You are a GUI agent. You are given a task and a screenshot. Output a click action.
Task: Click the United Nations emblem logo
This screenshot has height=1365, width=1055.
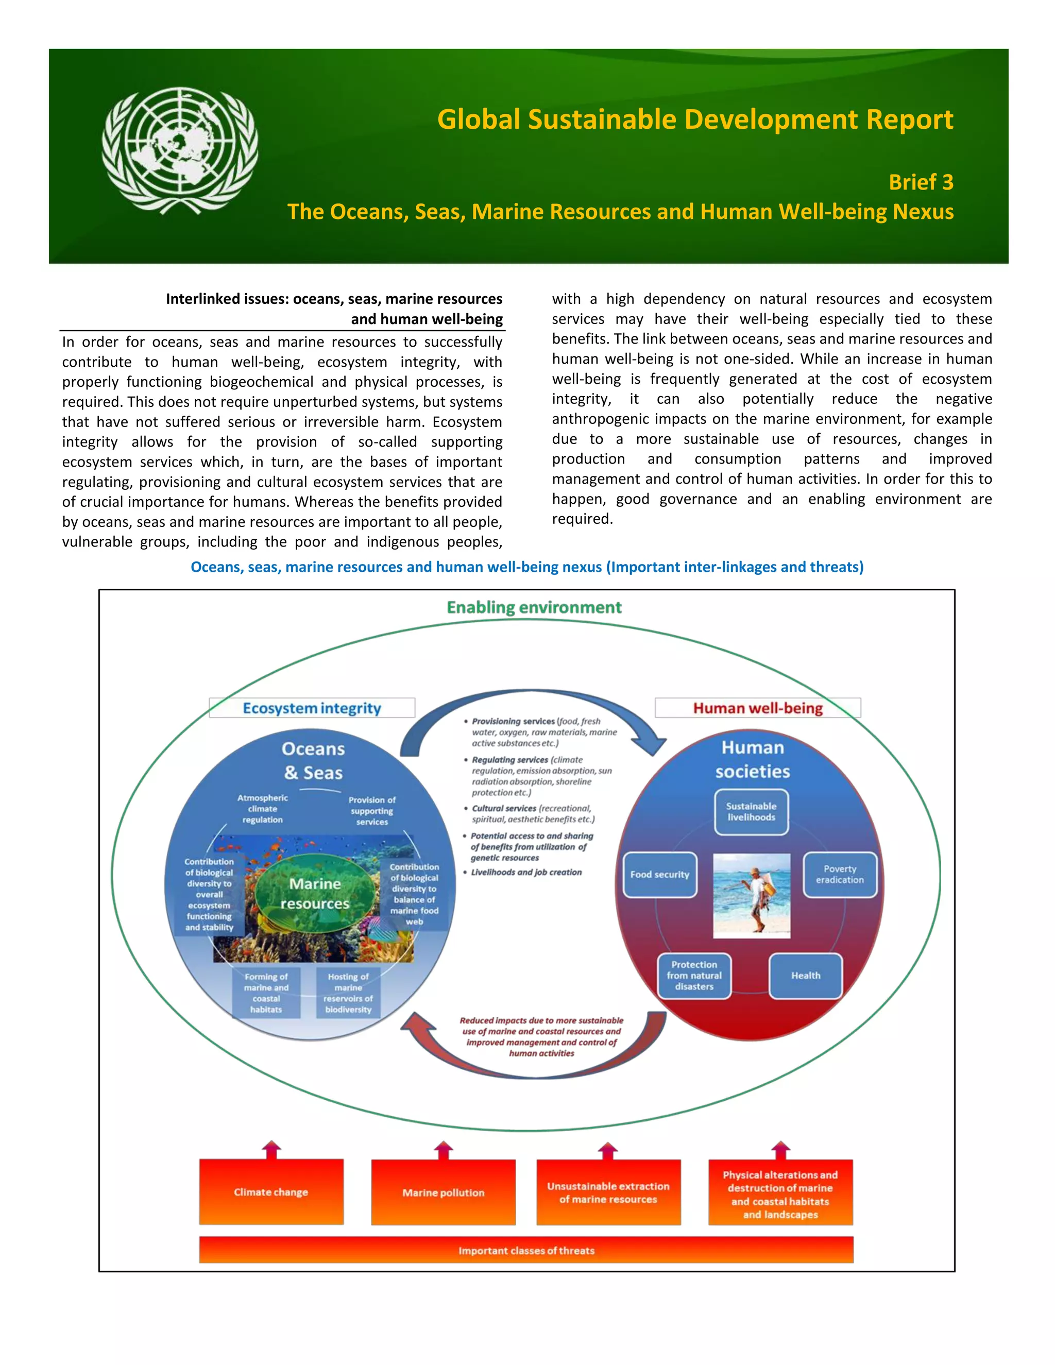pyautogui.click(x=180, y=150)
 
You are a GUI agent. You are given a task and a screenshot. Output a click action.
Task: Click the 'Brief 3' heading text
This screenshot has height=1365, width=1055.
pyautogui.click(x=921, y=182)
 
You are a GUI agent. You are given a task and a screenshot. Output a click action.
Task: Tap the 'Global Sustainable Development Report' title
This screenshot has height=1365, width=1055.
pyautogui.click(x=695, y=120)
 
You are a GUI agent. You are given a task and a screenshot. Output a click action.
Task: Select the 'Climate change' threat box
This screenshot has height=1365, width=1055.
pyautogui.click(x=271, y=1191)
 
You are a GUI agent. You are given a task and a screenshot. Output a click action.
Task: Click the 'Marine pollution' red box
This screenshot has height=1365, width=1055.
pyautogui.click(x=443, y=1192)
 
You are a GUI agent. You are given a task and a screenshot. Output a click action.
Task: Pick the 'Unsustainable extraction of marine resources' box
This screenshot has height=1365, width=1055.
pyautogui.click(x=608, y=1192)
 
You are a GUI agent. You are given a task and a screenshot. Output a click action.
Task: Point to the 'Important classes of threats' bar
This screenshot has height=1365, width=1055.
pyautogui.click(x=526, y=1250)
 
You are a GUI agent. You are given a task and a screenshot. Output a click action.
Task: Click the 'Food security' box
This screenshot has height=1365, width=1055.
pyautogui.click(x=659, y=875)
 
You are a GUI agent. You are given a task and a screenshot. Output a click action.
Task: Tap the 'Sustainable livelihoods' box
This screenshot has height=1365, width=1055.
pyautogui.click(x=751, y=811)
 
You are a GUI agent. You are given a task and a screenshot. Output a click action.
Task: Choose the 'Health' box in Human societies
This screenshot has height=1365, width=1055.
pyautogui.click(x=805, y=975)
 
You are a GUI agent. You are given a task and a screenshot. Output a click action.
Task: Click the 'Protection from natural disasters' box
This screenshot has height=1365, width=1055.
pyautogui.click(x=694, y=975)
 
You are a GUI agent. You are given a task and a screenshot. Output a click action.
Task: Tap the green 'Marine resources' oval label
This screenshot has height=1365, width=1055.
pyautogui.click(x=315, y=894)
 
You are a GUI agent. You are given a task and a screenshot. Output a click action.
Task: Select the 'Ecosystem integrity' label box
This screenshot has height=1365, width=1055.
pyautogui.click(x=312, y=708)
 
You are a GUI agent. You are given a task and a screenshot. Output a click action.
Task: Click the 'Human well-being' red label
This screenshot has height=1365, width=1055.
pyautogui.click(x=757, y=708)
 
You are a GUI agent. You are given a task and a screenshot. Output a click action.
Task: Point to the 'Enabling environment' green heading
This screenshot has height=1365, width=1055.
pyautogui.click(x=534, y=607)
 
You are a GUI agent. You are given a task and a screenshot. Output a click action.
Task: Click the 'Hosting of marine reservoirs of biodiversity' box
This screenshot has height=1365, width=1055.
pyautogui.click(x=348, y=993)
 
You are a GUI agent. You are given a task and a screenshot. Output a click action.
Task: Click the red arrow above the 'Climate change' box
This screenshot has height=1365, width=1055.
pyautogui.click(x=271, y=1149)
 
